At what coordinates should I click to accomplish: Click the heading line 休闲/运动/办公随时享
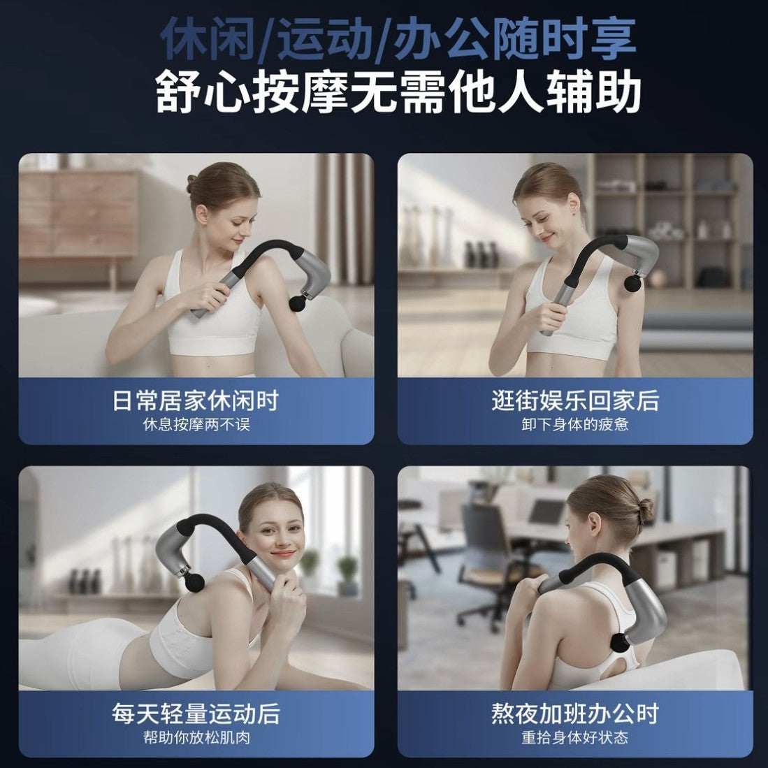[x=398, y=40]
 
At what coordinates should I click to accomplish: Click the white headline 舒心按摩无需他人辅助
[x=398, y=92]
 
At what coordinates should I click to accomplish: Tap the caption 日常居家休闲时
[x=196, y=400]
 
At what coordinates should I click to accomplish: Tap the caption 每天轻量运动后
[x=196, y=713]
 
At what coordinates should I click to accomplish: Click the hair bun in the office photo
[x=644, y=511]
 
